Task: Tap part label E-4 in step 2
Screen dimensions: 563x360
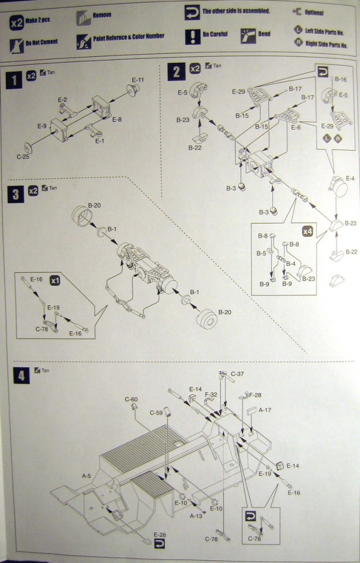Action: click(x=350, y=178)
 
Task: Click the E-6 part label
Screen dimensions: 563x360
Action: click(x=296, y=128)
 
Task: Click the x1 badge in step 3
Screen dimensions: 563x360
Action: click(x=55, y=280)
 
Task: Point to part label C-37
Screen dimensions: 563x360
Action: click(x=237, y=374)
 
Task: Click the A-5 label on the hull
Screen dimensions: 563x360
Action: click(x=86, y=476)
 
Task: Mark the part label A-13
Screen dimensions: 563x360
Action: click(x=196, y=515)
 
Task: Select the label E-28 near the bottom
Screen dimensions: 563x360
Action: click(x=159, y=535)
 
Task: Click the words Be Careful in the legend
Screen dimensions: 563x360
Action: click(x=215, y=34)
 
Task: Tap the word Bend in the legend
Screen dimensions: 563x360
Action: click(x=264, y=34)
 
